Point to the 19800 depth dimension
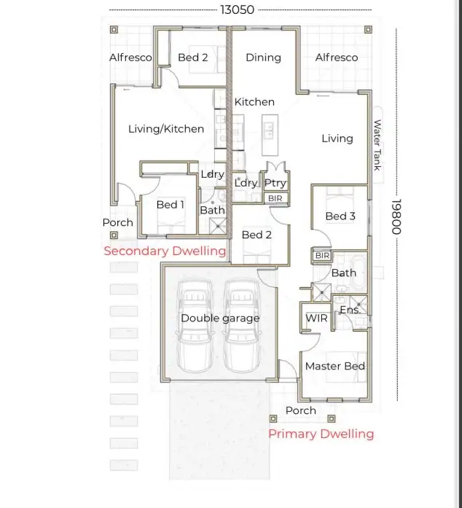point(396,216)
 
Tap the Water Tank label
point(377,145)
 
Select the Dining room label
point(263,58)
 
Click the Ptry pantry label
point(275,183)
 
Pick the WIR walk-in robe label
point(316,319)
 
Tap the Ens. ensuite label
point(350,310)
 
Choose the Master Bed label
point(334,366)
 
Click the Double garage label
point(220,319)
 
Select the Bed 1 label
point(171,205)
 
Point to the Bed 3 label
point(340,216)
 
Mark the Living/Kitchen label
point(166,129)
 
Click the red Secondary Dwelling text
point(165,251)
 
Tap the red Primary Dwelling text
point(321,434)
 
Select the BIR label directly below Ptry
point(275,198)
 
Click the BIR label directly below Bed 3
point(322,257)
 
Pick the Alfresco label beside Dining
point(336,58)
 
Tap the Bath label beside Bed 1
point(212,210)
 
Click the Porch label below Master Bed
point(300,410)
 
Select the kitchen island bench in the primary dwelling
point(269,131)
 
